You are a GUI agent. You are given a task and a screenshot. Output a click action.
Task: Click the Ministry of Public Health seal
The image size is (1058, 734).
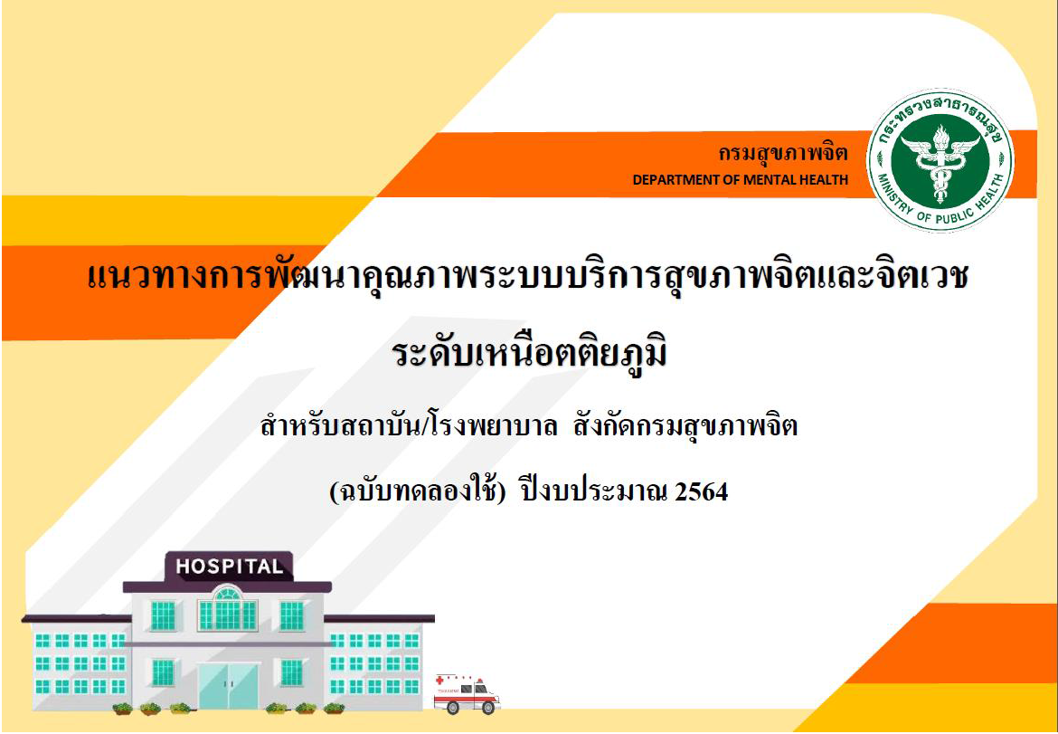coord(940,161)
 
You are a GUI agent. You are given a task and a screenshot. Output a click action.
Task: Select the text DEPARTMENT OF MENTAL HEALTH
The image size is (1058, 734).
coord(741,180)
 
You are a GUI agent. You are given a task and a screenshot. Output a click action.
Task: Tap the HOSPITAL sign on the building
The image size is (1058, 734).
coord(229,567)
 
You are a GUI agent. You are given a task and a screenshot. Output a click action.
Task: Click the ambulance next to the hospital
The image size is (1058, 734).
coord(467,692)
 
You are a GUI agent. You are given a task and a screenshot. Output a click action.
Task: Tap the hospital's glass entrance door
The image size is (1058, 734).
coord(228,685)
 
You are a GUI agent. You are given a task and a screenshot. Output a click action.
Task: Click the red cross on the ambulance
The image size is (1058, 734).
coord(440,681)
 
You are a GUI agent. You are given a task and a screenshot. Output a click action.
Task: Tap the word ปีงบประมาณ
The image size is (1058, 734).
coord(592,493)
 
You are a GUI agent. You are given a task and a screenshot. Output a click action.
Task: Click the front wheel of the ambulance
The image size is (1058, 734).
coord(487,708)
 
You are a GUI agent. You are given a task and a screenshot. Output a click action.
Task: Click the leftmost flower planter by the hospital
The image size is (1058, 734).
coord(122,708)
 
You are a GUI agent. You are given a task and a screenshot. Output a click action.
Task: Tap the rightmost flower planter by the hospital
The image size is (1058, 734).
coord(334,708)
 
